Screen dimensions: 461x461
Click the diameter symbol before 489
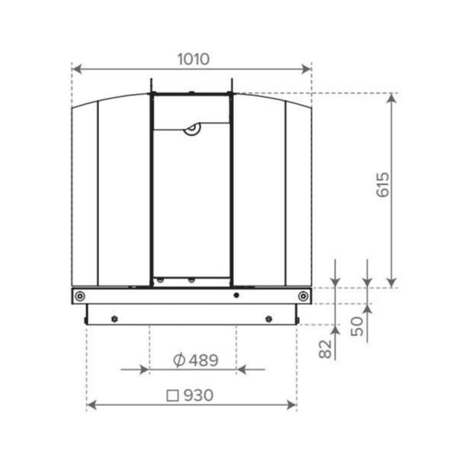tap(177, 360)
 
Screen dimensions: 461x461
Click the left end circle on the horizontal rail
tap(79, 296)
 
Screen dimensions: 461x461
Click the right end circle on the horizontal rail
tap(304, 296)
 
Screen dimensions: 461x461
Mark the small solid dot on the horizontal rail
tap(237, 296)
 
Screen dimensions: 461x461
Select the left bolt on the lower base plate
tap(114, 319)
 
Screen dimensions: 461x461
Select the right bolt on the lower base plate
tap(268, 319)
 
